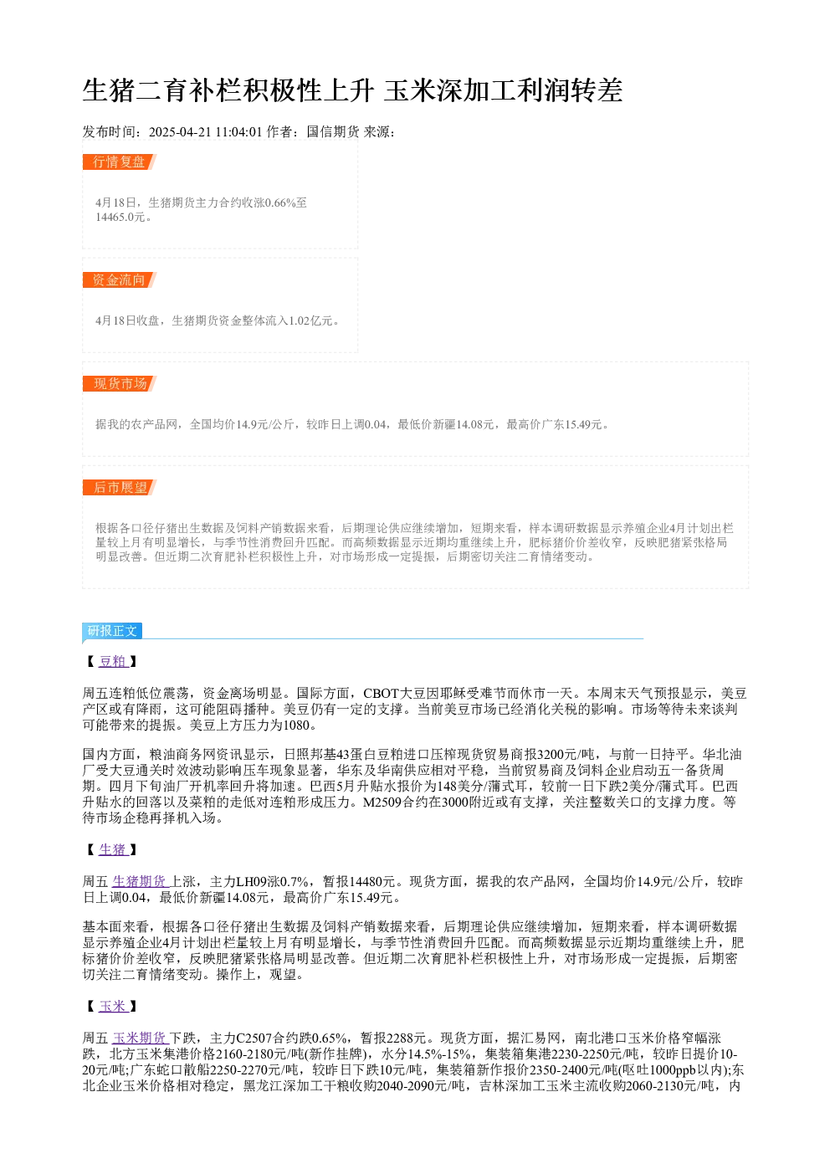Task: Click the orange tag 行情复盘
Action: (x=120, y=162)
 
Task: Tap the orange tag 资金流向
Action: (x=120, y=279)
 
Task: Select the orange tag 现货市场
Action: (x=120, y=383)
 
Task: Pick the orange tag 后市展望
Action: (x=120, y=487)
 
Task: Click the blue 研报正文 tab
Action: (x=112, y=630)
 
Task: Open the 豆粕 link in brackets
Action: (x=113, y=661)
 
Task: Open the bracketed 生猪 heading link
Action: (x=113, y=849)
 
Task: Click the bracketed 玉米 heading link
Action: (x=113, y=1007)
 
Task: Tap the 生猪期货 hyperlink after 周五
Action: (x=141, y=882)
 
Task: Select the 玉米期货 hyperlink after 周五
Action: (x=141, y=1038)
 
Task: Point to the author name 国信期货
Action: (x=333, y=132)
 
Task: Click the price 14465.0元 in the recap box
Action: (x=120, y=217)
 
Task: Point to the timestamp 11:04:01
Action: (x=238, y=132)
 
